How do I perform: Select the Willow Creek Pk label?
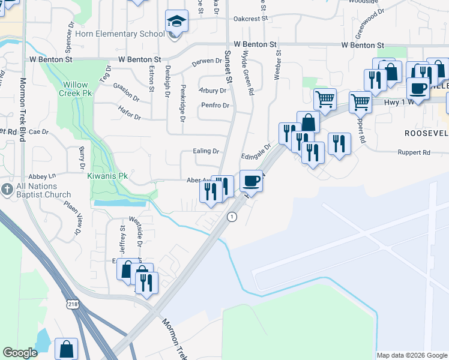73,89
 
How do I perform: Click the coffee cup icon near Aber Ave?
252,180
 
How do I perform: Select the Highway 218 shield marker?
73,305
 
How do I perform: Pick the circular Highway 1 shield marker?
231,217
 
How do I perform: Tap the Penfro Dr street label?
215,106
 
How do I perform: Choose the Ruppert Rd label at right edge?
414,152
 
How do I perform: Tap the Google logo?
20,353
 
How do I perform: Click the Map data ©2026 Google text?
411,355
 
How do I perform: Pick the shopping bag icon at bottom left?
66,349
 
